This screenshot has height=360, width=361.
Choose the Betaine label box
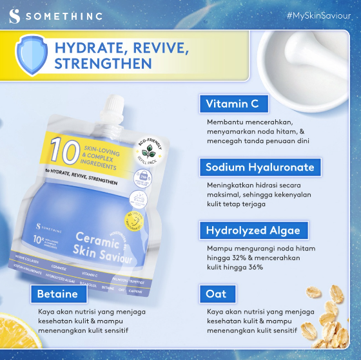[x=57, y=294]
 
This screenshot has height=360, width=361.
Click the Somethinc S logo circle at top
[x=15, y=15]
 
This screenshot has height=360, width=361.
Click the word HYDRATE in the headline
[x=90, y=49]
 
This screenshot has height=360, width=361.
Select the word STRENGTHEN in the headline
[x=103, y=64]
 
